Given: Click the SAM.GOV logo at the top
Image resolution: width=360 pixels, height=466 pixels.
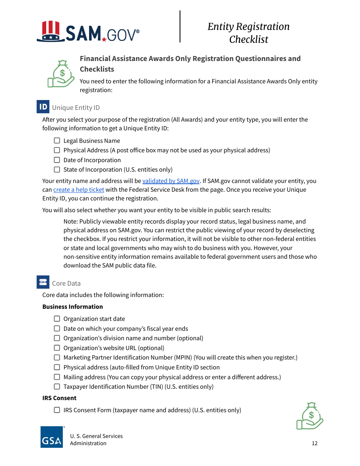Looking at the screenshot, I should pyautogui.click(x=88, y=32).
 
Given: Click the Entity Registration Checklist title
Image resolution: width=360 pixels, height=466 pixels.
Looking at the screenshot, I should pyautogui.click(x=249, y=33).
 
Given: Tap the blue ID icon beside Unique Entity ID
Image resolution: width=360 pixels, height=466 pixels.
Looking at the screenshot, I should pyautogui.click(x=43, y=107).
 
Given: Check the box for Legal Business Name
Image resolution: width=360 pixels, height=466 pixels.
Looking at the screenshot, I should pyautogui.click(x=57, y=141).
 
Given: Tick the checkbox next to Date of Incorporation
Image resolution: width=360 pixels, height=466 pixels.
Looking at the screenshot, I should pyautogui.click(x=57, y=160).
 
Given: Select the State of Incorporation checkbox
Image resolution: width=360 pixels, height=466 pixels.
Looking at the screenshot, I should pyautogui.click(x=57, y=170).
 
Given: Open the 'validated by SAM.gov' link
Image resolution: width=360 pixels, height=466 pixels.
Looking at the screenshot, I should pyautogui.click(x=171, y=181).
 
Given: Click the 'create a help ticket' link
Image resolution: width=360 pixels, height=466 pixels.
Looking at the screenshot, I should pyautogui.click(x=78, y=190).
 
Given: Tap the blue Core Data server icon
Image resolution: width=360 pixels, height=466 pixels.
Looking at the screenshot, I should pyautogui.click(x=43, y=283).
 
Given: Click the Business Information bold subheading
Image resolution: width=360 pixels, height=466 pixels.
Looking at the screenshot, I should pyautogui.click(x=73, y=307).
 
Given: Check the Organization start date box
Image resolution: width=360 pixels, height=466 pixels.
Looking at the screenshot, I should pyautogui.click(x=57, y=319).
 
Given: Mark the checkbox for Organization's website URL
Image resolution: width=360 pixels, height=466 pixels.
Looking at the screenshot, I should pyautogui.click(x=57, y=348).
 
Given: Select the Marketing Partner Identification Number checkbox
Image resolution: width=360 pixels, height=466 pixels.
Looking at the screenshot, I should pyautogui.click(x=57, y=358).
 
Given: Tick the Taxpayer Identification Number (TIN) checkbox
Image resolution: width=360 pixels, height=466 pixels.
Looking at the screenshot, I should pyautogui.click(x=57, y=387).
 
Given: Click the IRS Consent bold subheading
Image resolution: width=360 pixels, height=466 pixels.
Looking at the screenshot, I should pyautogui.click(x=59, y=398).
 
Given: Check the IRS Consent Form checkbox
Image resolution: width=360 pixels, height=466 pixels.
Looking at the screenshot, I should pyautogui.click(x=57, y=410).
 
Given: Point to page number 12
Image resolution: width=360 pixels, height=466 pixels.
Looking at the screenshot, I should pyautogui.click(x=315, y=444).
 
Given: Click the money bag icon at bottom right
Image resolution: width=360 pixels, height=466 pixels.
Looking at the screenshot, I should pyautogui.click(x=310, y=416).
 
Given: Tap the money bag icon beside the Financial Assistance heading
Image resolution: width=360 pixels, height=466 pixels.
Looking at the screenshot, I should pyautogui.click(x=61, y=74).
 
